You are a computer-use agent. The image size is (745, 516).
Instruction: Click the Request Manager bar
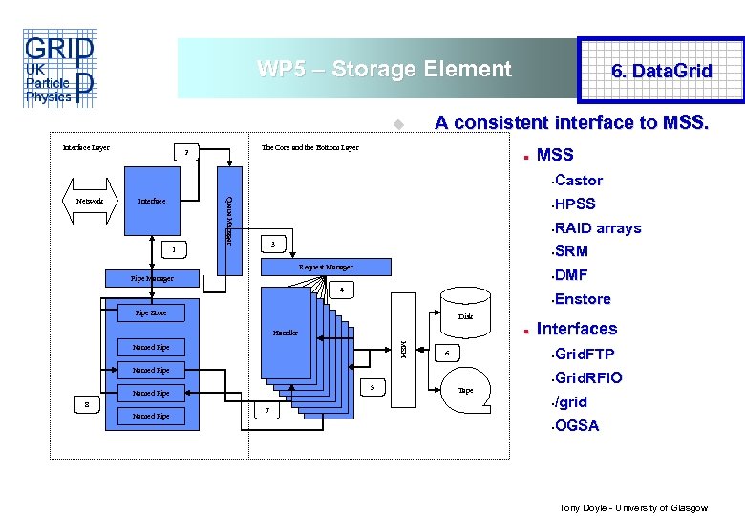pos(326,267)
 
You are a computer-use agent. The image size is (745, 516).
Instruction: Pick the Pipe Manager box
pos(152,279)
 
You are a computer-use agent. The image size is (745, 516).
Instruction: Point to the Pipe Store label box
pos(152,312)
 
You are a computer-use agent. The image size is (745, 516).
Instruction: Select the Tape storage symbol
pos(465,389)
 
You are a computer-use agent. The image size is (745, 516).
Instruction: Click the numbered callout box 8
pos(87,403)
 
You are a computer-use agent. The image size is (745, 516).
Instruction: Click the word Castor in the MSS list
pos(578,181)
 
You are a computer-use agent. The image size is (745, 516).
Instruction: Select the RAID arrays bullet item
pos(597,228)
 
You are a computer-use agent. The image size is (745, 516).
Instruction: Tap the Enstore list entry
pos(582,299)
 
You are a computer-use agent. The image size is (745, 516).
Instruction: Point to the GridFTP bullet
pos(585,355)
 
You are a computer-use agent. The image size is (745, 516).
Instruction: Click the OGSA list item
pos(576,425)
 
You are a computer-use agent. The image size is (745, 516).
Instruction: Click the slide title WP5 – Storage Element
pos(384,69)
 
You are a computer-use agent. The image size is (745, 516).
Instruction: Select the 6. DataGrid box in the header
pos(661,71)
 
